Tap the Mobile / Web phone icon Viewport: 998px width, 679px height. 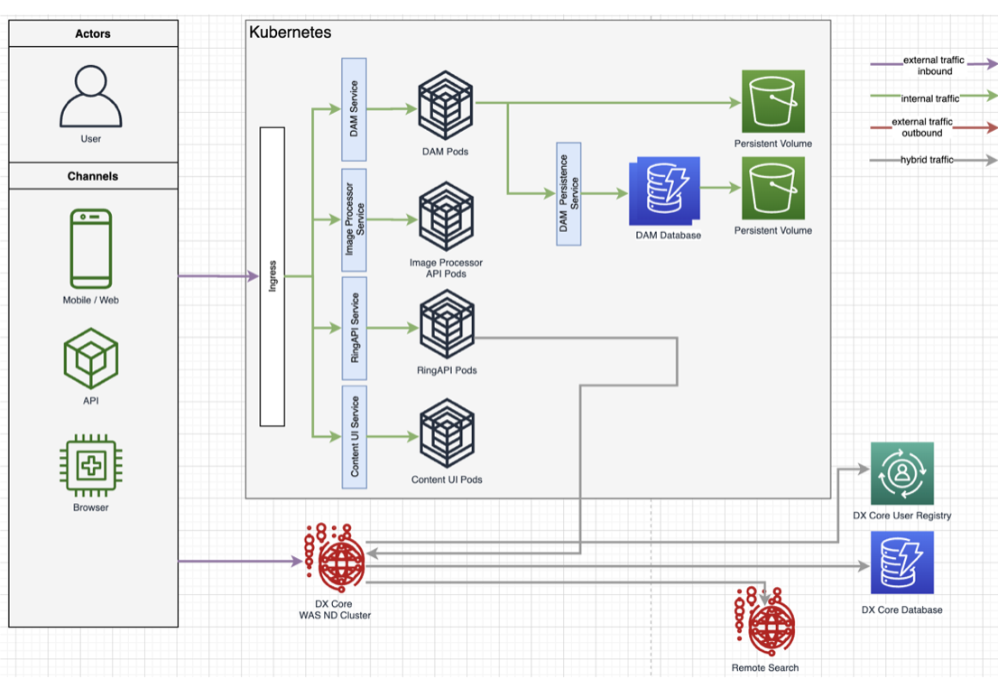tap(91, 248)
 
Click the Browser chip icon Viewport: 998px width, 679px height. tap(91, 466)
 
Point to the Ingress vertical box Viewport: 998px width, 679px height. tap(273, 276)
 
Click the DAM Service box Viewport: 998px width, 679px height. tap(354, 109)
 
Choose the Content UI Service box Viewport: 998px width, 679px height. tap(354, 437)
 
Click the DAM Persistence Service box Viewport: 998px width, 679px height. tap(568, 193)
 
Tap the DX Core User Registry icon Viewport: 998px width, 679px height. tap(901, 473)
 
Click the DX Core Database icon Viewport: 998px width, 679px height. tap(901, 563)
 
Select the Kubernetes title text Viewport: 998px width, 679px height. tap(290, 33)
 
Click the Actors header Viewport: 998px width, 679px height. tap(93, 33)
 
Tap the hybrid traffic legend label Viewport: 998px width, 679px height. tap(929, 160)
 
